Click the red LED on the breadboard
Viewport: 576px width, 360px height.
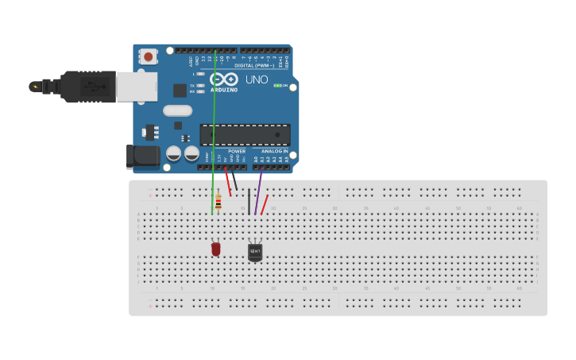click(215, 249)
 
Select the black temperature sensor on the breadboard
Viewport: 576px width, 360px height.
click(254, 252)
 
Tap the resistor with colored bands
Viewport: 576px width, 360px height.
click(218, 202)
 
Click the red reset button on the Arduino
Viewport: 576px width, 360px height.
click(148, 56)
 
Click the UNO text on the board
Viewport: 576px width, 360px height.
click(256, 79)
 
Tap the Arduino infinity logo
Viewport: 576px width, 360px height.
click(224, 79)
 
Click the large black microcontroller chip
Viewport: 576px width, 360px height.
click(244, 134)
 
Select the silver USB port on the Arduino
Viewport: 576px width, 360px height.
click(137, 87)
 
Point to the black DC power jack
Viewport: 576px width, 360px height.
click(143, 157)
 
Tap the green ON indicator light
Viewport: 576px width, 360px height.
click(276, 85)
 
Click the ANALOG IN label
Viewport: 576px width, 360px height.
click(275, 151)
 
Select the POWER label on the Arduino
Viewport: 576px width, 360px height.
click(237, 151)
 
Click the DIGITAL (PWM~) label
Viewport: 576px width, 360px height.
click(254, 65)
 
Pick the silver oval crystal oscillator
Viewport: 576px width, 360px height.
click(178, 110)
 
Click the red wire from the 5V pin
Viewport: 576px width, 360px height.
click(228, 181)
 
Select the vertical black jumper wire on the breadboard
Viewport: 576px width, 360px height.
click(249, 201)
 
